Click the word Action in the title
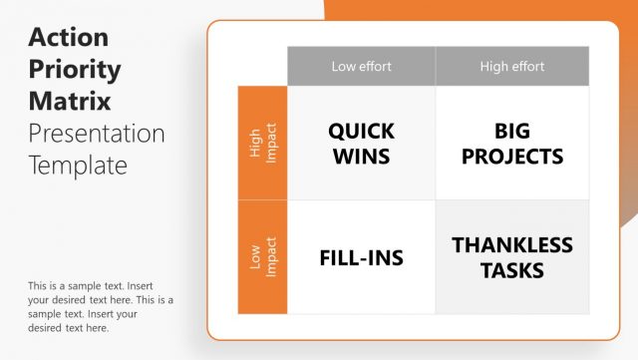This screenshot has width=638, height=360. click(x=69, y=38)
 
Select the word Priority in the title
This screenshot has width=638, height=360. click(x=75, y=70)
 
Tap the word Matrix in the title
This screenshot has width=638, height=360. click(x=70, y=102)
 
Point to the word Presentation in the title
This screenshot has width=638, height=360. click(x=97, y=133)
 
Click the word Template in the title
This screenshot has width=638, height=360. click(x=78, y=165)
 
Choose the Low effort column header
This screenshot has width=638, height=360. click(x=361, y=67)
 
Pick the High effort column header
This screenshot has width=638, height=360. click(x=512, y=67)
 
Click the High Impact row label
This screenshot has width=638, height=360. click(x=262, y=143)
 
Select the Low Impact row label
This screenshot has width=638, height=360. click(x=262, y=257)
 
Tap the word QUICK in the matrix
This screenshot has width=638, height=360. click(x=361, y=131)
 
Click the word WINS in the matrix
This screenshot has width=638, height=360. click(x=361, y=157)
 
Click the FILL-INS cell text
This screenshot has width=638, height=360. click(x=361, y=257)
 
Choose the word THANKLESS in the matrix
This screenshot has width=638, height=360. click(x=512, y=244)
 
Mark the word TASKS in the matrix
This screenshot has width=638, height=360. click(x=512, y=270)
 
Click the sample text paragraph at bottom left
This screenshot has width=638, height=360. click(x=101, y=306)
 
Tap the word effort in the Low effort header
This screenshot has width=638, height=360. click(x=375, y=67)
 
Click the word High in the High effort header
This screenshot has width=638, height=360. click(x=494, y=67)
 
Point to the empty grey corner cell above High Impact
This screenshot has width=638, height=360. click(x=262, y=67)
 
